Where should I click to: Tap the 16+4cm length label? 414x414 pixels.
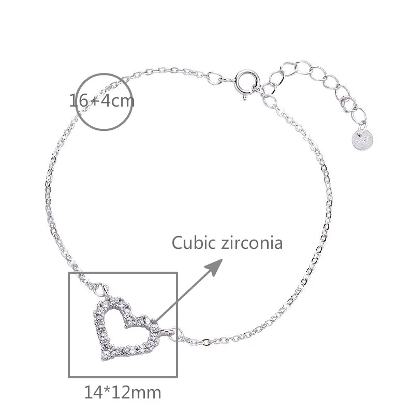tap(102, 100)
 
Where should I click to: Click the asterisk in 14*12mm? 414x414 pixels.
tap(106, 389)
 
